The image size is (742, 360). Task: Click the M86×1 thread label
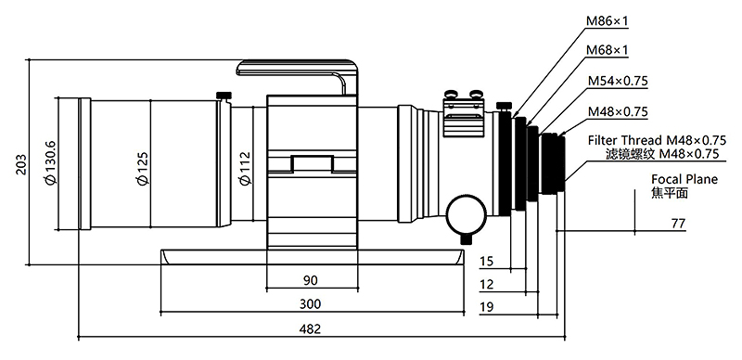coord(608,20)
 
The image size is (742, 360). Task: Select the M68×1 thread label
coord(608,50)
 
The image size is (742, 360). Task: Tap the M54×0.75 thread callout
coord(618,81)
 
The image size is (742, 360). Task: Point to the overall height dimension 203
coord(21,164)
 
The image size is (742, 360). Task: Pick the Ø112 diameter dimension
coord(244,168)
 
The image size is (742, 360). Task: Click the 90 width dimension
coord(310,280)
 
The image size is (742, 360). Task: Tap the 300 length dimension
coord(310,303)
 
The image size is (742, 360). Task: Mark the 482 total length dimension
coord(310,328)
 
